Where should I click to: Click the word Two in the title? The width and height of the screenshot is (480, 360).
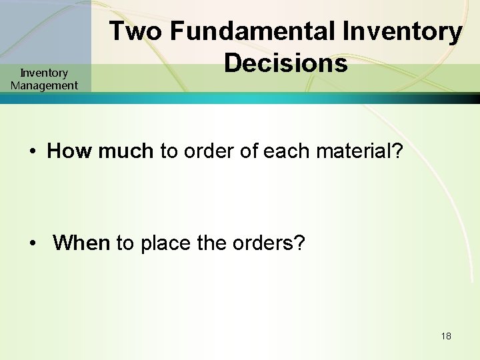[135, 31]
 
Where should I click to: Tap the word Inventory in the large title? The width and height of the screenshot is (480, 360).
[402, 31]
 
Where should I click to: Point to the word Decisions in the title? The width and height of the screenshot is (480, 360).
[286, 63]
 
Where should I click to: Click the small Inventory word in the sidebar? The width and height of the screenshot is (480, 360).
[44, 73]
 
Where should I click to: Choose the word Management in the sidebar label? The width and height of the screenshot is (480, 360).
[44, 85]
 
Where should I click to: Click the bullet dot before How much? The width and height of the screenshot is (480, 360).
[32, 152]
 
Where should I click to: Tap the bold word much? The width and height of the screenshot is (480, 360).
[125, 151]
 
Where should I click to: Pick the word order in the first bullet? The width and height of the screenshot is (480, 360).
[208, 151]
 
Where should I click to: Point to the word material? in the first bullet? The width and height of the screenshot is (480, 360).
[359, 151]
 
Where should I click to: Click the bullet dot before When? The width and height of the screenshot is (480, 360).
[32, 244]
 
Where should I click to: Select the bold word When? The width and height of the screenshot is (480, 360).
[81, 243]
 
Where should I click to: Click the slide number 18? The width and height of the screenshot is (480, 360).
[446, 336]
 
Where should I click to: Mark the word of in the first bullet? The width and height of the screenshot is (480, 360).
[247, 151]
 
